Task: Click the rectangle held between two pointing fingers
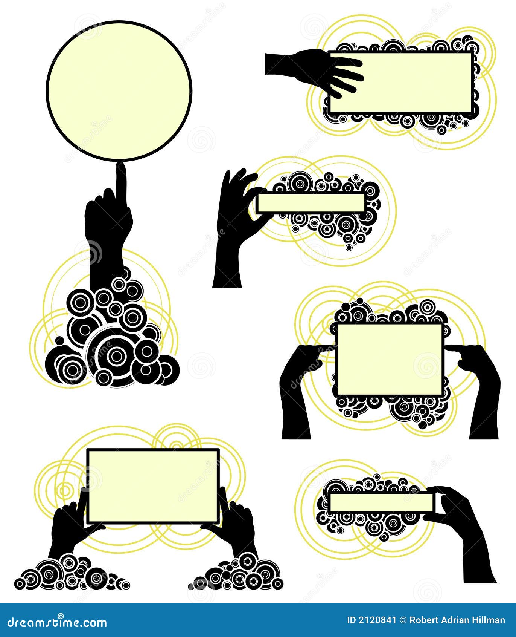click(x=390, y=359)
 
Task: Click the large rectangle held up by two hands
click(x=153, y=486)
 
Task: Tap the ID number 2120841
click(x=371, y=620)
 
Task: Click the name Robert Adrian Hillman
click(x=457, y=620)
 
